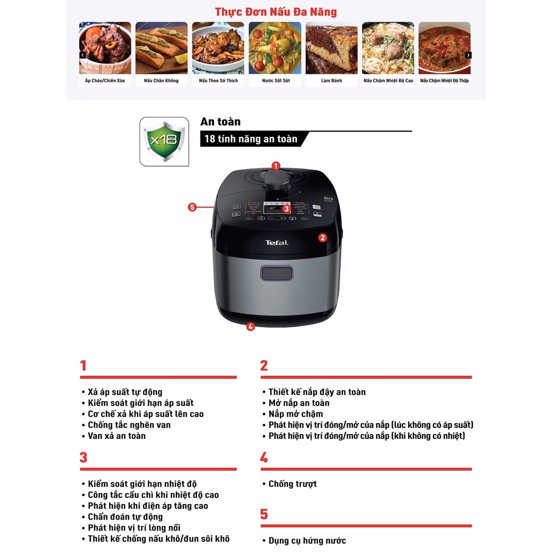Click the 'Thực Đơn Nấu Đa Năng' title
click(x=275, y=12)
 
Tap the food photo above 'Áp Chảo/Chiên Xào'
click(x=105, y=48)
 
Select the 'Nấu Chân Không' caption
click(x=161, y=81)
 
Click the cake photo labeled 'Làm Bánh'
click(x=332, y=48)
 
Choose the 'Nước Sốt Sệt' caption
click(x=275, y=81)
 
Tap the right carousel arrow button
click(x=468, y=55)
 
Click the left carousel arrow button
click(x=82, y=55)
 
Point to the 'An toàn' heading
click(x=220, y=122)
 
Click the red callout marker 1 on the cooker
click(x=276, y=166)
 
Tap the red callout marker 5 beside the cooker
click(x=192, y=207)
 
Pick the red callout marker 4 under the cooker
click(x=251, y=326)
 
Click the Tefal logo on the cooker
click(x=277, y=243)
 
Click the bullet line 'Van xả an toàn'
click(x=116, y=436)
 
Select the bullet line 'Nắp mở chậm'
click(x=295, y=414)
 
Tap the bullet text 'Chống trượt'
click(x=293, y=484)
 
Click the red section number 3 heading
click(x=84, y=457)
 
